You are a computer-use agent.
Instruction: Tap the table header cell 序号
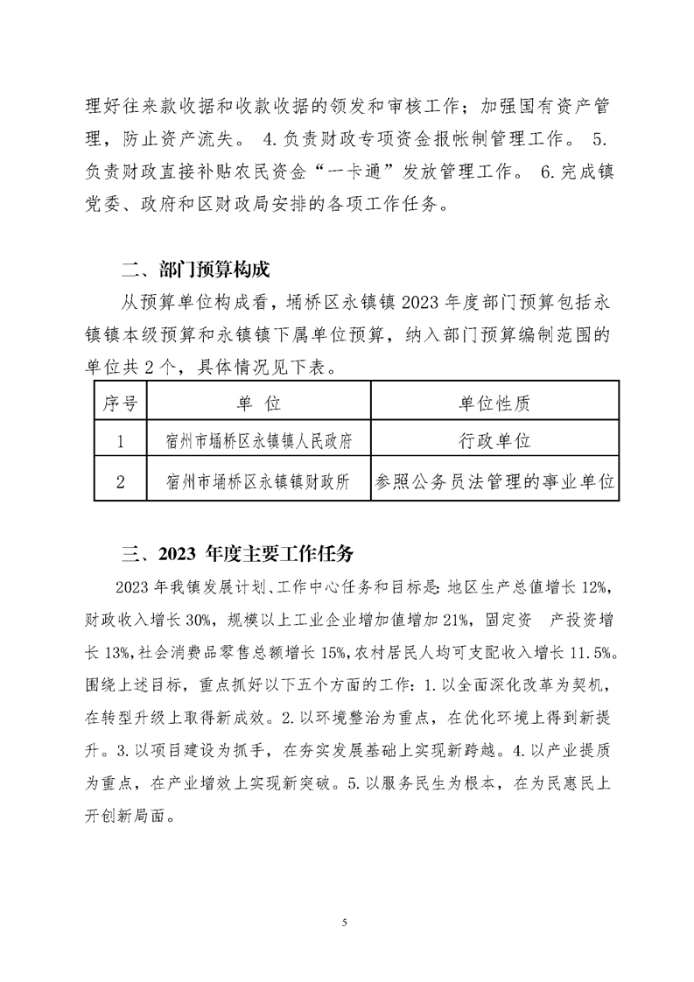coord(119,403)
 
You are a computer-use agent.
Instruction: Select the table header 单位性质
coord(494,403)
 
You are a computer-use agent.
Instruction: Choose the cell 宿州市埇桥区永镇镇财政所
coord(258,480)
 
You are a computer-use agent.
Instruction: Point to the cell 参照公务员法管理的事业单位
coord(494,480)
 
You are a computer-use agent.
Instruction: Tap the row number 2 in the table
coord(119,480)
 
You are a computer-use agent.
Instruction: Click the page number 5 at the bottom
coord(347,922)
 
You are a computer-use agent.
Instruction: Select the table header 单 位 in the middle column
coord(258,403)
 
